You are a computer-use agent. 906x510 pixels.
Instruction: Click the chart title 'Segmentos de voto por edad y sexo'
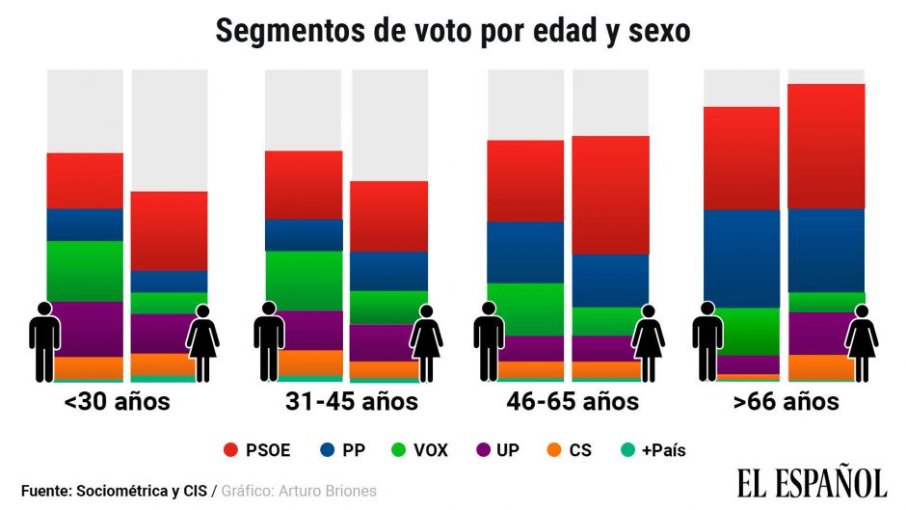(x=452, y=30)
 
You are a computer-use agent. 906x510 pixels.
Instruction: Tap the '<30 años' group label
(x=117, y=401)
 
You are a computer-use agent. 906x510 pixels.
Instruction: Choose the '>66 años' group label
(x=786, y=401)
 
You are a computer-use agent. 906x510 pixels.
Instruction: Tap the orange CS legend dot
(x=560, y=449)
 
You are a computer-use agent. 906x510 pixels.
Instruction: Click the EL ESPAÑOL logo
(x=812, y=482)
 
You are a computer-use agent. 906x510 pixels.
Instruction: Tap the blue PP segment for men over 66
(x=741, y=257)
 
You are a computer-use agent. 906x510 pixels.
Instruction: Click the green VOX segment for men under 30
(x=85, y=271)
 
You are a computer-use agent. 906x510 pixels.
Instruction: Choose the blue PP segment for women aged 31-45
(x=388, y=271)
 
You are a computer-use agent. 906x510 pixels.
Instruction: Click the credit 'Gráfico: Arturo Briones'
(x=299, y=491)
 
